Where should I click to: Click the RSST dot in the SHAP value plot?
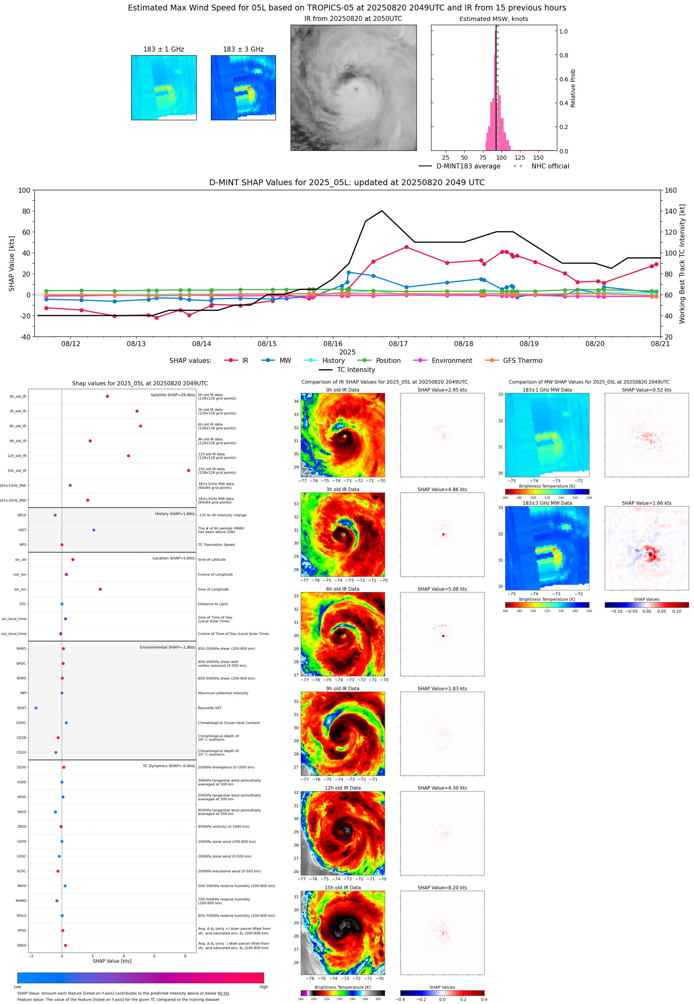36,708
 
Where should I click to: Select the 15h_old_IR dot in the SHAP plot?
188,471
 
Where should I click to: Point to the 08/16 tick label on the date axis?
333,344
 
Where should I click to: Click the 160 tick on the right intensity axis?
671,190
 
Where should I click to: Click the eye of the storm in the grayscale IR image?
356,89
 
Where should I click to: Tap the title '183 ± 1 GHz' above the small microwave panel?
164,49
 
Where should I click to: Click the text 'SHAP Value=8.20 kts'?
442,888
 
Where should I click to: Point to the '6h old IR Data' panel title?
343,589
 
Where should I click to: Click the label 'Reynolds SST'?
210,708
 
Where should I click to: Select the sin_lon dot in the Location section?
101,589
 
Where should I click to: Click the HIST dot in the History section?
94,530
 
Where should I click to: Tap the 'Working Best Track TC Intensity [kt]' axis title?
682,264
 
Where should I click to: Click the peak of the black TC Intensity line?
382,211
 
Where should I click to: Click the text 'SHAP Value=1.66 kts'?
646,503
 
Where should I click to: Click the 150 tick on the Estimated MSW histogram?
538,158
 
